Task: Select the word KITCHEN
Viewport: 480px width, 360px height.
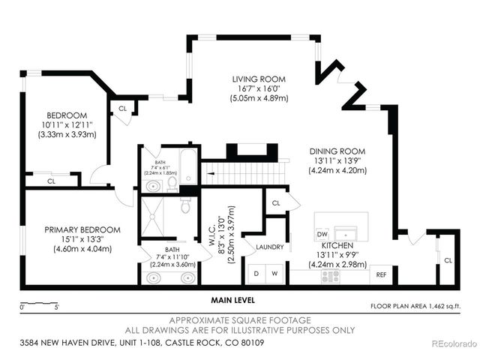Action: pos(337,245)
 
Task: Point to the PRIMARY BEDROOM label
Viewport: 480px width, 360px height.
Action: pos(71,229)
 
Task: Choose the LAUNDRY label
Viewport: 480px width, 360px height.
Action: pos(268,246)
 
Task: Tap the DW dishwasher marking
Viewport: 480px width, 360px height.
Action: pos(322,232)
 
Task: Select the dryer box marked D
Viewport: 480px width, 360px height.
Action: pos(256,274)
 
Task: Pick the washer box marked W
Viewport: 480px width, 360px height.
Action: pos(274,274)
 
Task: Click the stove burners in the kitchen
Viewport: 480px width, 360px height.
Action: pos(330,276)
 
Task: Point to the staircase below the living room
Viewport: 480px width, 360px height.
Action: pos(246,174)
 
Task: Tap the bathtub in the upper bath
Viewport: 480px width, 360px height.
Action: pos(188,166)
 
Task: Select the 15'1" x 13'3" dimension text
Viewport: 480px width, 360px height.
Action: pos(71,239)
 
